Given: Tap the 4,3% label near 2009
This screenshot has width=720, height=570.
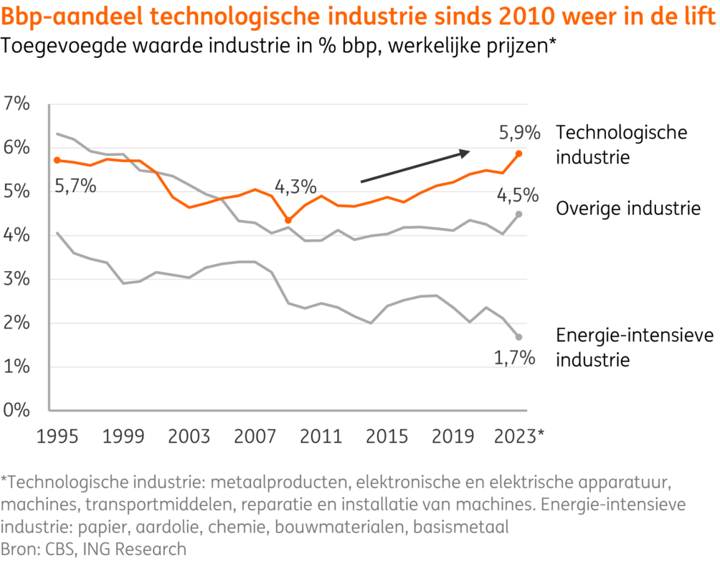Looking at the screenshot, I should [295, 188].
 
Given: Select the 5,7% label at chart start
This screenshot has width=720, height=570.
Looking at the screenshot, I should [75, 188].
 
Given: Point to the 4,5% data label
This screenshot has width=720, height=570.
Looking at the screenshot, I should [516, 195].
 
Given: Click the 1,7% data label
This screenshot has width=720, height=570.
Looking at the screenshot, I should [515, 358].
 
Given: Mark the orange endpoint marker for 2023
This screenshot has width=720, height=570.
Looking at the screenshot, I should [518, 153].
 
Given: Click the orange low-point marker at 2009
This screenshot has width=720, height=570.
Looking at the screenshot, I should [288, 220].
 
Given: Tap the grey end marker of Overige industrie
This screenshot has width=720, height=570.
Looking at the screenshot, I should [518, 214].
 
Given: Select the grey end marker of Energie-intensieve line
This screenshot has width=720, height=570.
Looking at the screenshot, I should [518, 337].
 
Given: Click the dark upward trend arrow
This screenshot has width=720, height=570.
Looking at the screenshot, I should [415, 166].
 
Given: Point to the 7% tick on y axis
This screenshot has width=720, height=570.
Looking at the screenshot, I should [17, 104].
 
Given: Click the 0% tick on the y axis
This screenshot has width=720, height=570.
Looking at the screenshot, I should [17, 411].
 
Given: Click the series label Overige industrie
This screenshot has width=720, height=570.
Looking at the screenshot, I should [628, 209].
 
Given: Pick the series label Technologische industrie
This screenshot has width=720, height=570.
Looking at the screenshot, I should [622, 144].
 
